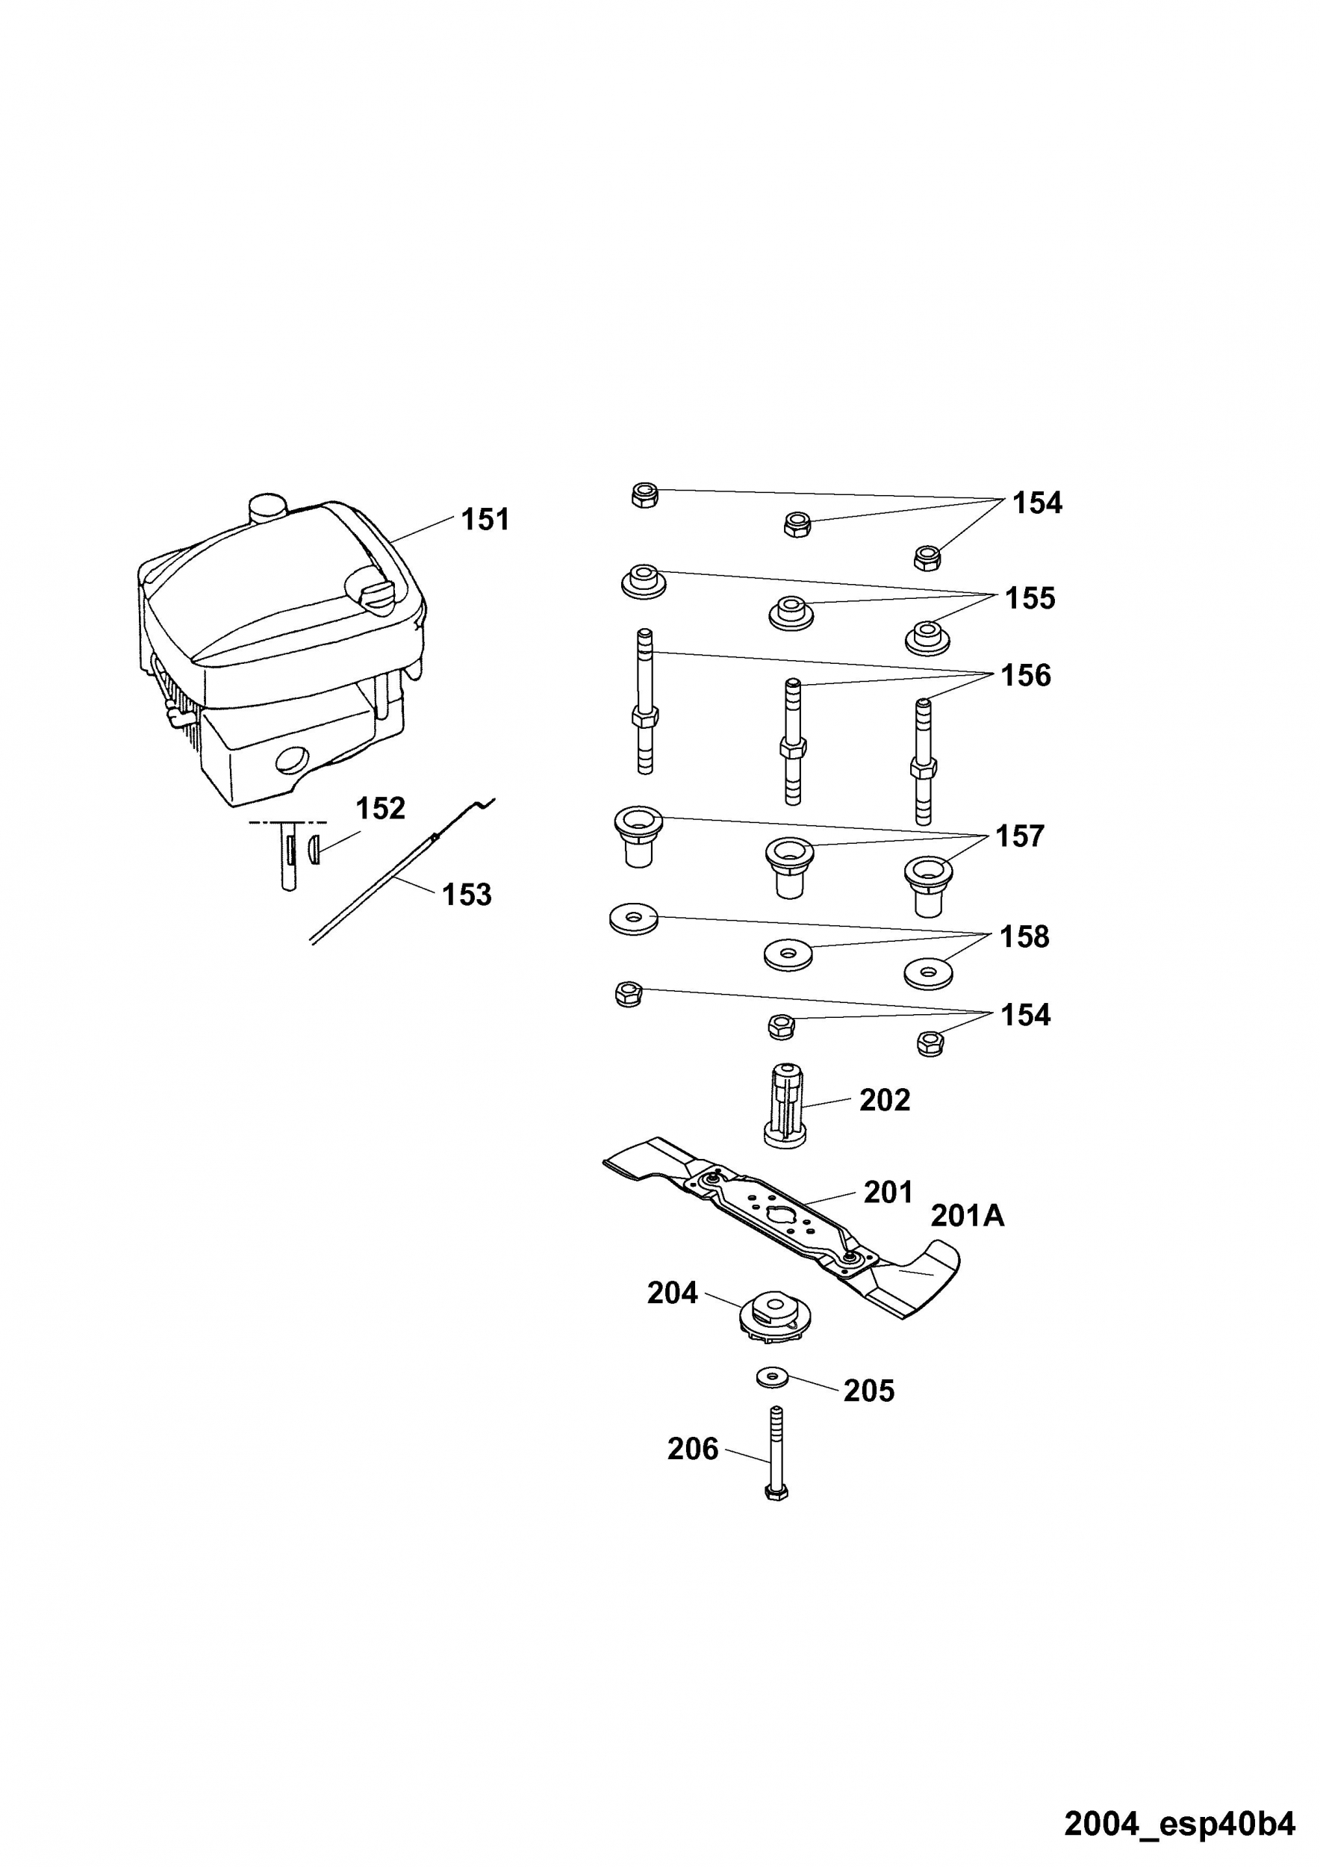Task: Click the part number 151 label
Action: click(485, 520)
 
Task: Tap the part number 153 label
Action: click(467, 895)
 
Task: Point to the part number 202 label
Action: click(885, 1100)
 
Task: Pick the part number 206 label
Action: click(693, 1449)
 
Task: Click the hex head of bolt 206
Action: click(776, 1492)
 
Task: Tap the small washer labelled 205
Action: click(772, 1376)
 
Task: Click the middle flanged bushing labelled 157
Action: click(788, 867)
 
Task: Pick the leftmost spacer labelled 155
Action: click(644, 580)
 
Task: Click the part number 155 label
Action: click(1030, 598)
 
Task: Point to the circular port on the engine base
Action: click(292, 761)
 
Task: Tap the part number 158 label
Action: click(1024, 936)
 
